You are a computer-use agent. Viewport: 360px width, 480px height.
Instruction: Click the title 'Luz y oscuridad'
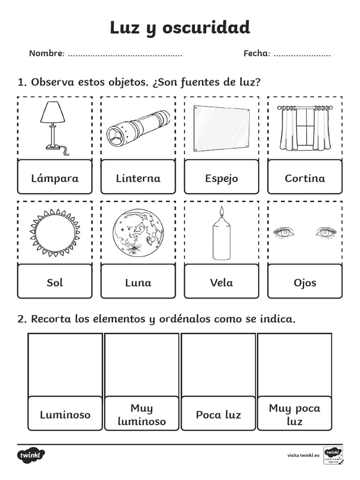click(180, 28)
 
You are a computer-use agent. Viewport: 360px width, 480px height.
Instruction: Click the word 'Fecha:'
click(257, 53)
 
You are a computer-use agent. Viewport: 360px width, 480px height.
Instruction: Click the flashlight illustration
click(138, 128)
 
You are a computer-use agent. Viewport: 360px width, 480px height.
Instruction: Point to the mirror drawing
click(221, 128)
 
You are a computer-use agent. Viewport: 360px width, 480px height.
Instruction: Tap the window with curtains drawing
click(305, 127)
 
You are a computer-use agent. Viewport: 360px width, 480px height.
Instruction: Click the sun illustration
click(54, 233)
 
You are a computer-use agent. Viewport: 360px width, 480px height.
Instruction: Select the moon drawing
click(138, 233)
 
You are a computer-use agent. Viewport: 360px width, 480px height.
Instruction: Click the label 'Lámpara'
click(55, 178)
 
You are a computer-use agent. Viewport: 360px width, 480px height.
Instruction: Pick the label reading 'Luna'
click(138, 283)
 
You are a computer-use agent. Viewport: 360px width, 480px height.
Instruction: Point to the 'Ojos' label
click(305, 283)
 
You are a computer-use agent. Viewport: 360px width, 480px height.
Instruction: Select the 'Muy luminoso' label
click(142, 415)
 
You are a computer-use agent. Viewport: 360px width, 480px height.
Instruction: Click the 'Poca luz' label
click(218, 415)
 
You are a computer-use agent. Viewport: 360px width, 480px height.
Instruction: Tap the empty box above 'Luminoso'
click(65, 365)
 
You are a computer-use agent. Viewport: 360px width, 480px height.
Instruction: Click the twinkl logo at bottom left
click(31, 455)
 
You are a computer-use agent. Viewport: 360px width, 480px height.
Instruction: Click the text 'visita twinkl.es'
click(303, 455)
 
